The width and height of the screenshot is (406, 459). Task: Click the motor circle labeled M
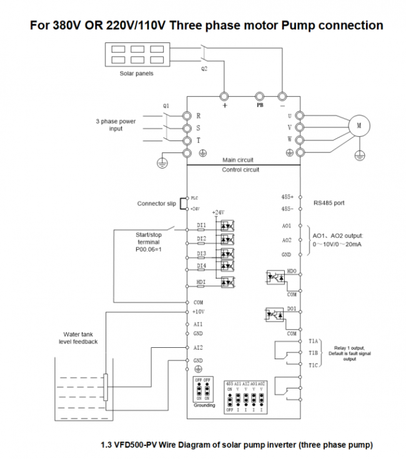coord(359,125)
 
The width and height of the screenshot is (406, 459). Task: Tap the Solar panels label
coord(136,73)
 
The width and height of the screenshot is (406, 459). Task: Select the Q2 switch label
coord(204,69)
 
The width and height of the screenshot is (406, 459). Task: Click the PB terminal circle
coord(260,96)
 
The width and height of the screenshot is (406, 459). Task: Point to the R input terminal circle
coord(186,116)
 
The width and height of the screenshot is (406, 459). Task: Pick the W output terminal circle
coord(300,139)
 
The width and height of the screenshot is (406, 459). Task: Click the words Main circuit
coord(237,160)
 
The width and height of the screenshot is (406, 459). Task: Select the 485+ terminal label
coord(287,196)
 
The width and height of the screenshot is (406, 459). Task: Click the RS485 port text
coord(330,203)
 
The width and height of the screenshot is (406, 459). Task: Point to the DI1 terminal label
coord(202,224)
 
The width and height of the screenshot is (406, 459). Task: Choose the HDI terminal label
coord(201,282)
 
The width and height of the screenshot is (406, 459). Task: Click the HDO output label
coord(291,272)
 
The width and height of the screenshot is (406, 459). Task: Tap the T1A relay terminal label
coord(314,342)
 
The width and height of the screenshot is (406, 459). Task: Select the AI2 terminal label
coord(199,347)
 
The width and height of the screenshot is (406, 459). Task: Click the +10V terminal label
coord(199,311)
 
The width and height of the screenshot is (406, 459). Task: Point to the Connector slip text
coord(156,204)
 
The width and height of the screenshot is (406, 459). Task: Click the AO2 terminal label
coord(287,240)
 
